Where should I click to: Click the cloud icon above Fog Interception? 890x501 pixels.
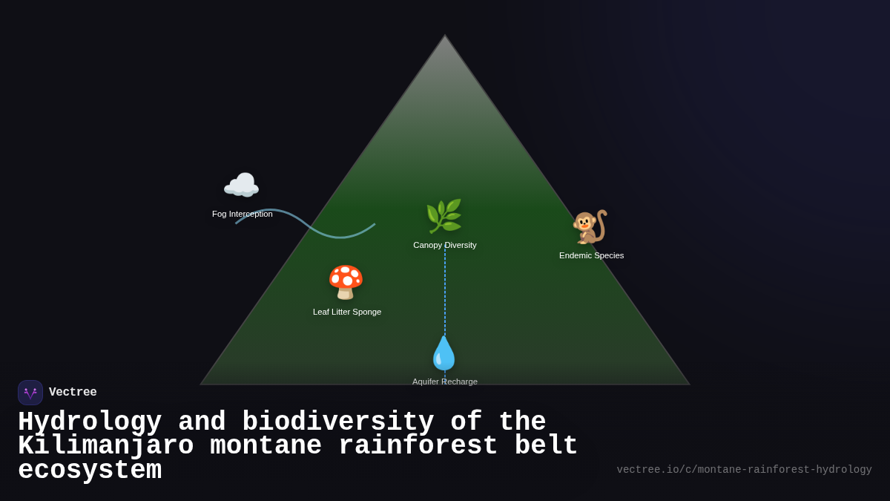[x=241, y=186]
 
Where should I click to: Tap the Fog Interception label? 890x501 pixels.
[x=242, y=214]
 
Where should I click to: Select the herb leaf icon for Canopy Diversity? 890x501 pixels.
[x=444, y=216]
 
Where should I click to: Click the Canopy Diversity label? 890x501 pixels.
[x=445, y=245]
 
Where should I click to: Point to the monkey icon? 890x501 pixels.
[x=590, y=226]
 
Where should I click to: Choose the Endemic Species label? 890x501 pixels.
[x=591, y=255]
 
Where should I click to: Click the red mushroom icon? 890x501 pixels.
[x=346, y=282]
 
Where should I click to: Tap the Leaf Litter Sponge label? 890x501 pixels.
[x=347, y=312]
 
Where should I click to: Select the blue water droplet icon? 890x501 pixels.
[x=444, y=353]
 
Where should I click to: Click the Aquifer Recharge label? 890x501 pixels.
[x=445, y=382]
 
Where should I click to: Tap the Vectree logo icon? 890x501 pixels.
[x=30, y=393]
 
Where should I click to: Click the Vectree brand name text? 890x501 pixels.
[x=73, y=393]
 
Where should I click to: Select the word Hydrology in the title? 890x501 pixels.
[x=90, y=422]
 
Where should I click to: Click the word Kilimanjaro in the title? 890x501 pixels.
[x=105, y=446]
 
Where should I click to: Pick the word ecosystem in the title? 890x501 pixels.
[x=90, y=471]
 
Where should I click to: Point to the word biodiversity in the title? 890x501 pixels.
[x=338, y=422]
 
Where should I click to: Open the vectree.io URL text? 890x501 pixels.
[x=744, y=470]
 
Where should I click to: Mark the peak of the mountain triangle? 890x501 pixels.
[x=445, y=36]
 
